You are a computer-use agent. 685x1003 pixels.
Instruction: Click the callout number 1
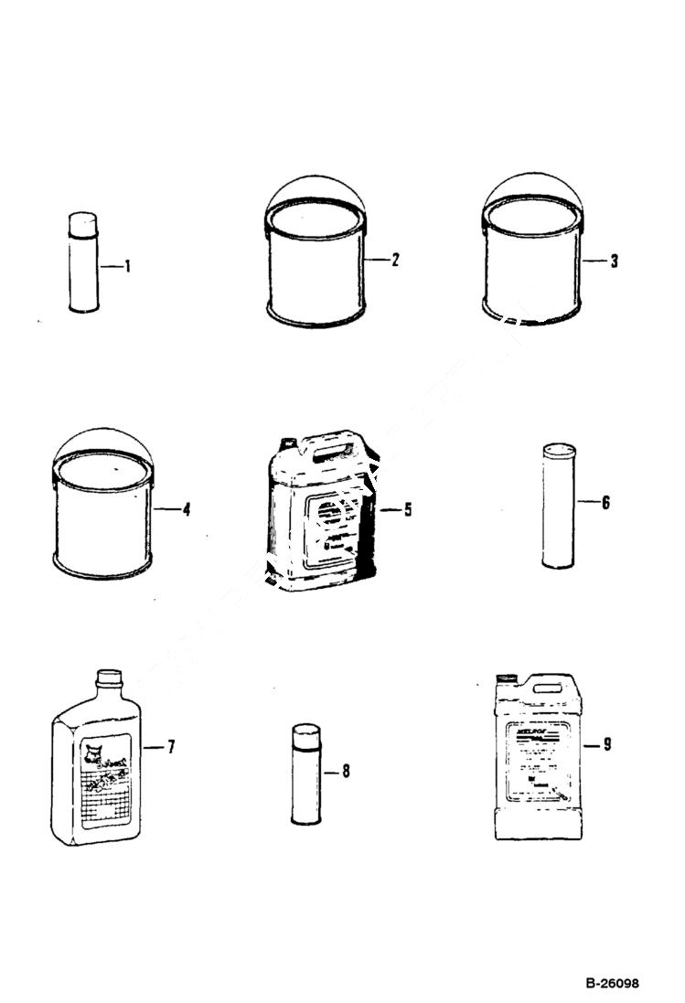point(128,267)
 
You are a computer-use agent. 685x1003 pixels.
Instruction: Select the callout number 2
point(395,260)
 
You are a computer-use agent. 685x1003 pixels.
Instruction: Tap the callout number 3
point(614,261)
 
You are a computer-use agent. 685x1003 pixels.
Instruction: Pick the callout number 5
point(407,509)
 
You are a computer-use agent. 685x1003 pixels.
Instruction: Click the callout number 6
point(605,503)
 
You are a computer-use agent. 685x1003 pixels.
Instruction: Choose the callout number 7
point(170,747)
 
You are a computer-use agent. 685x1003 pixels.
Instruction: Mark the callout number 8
point(345,772)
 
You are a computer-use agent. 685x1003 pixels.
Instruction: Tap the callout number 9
point(606,744)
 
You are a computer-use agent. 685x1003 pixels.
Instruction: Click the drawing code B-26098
point(613,984)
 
